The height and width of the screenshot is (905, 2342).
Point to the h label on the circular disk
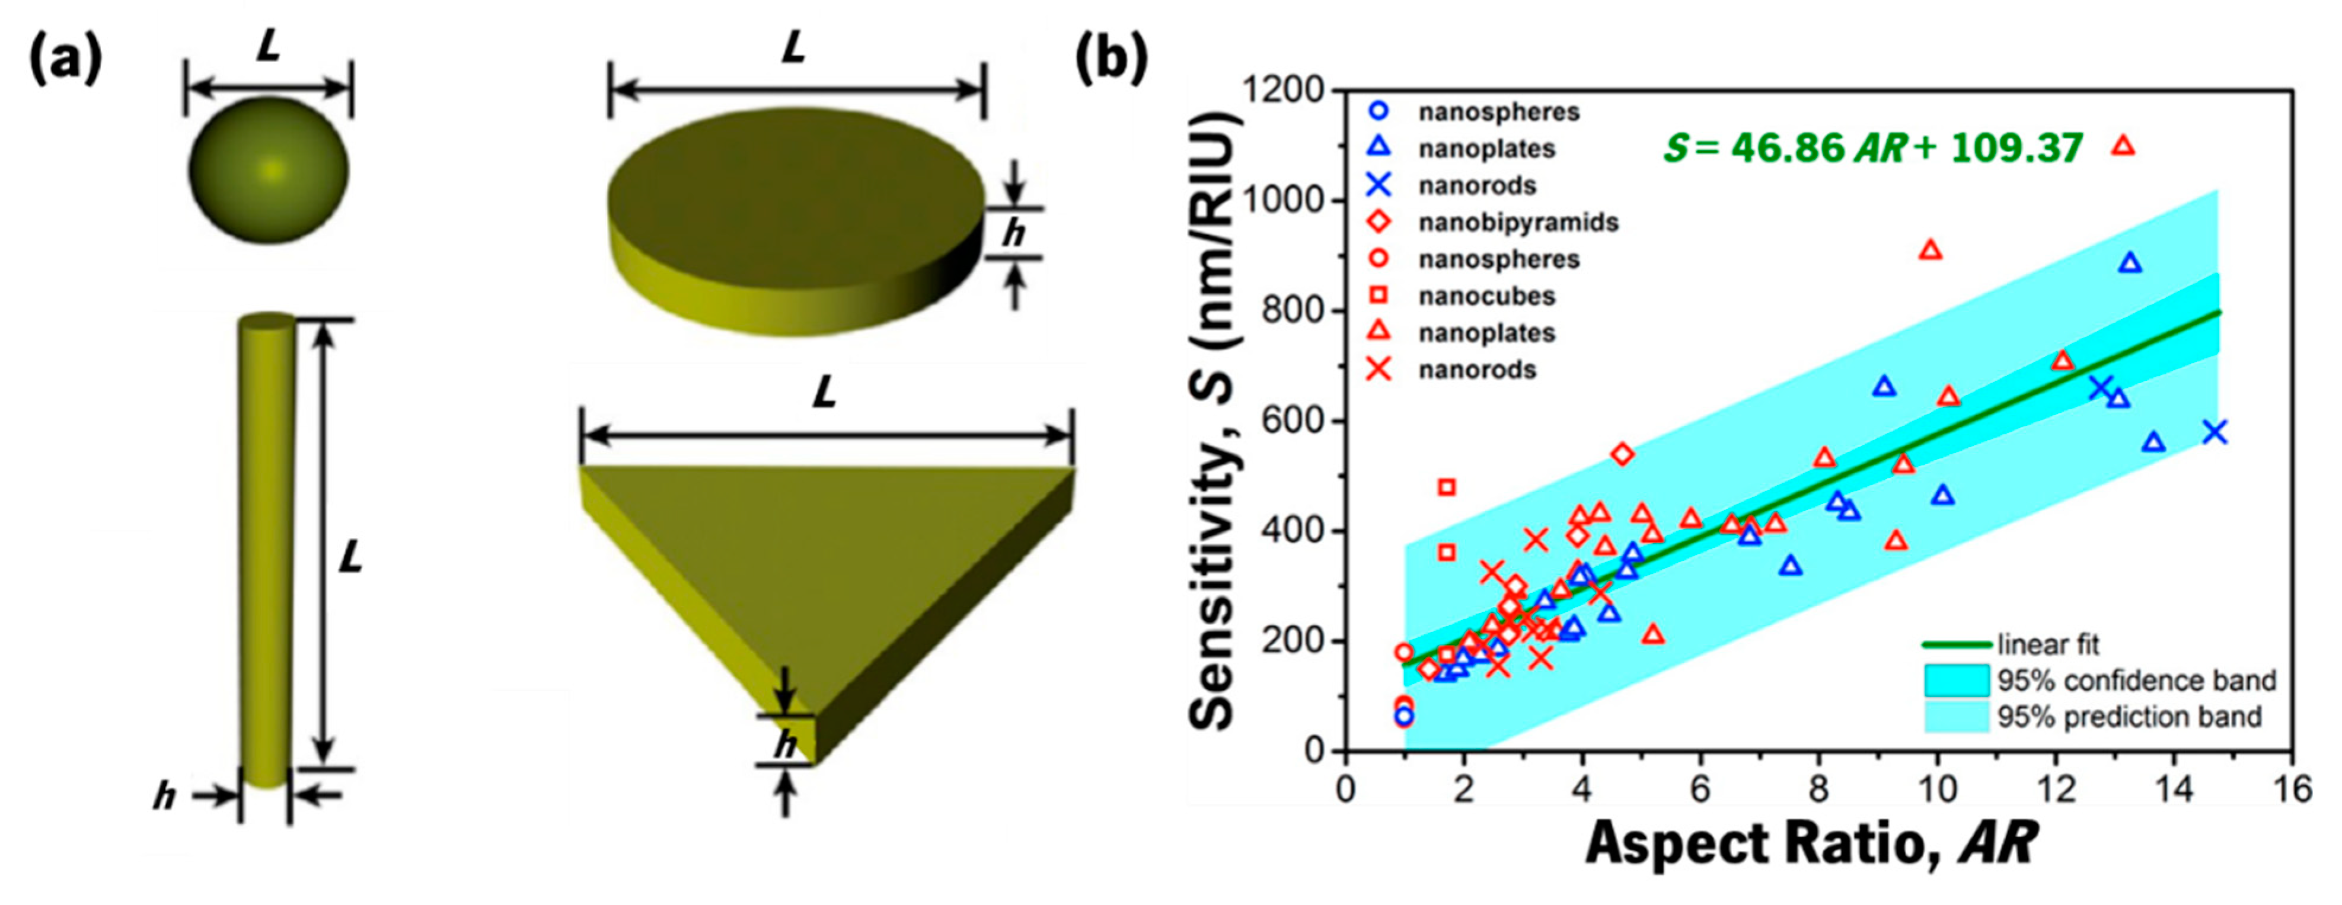coord(1013,233)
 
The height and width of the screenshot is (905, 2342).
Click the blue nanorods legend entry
coord(1476,185)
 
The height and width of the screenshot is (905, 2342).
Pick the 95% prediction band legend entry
coord(2127,717)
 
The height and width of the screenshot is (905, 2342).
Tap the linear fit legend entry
coord(2047,644)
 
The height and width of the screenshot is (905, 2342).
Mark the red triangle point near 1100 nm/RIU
coord(2123,145)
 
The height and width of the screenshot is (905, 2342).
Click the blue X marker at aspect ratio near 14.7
coord(2215,432)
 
